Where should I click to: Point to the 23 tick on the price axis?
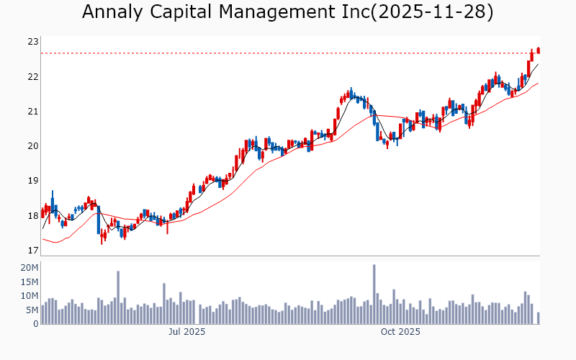pyautogui.click(x=32, y=42)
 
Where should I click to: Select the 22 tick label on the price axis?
pyautogui.click(x=32, y=77)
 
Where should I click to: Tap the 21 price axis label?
pyautogui.click(x=32, y=112)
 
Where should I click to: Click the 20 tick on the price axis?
pyautogui.click(x=32, y=146)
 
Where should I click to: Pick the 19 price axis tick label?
pyautogui.click(x=32, y=181)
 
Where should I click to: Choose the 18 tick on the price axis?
pyautogui.click(x=32, y=216)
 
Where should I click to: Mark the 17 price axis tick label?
pyautogui.click(x=32, y=251)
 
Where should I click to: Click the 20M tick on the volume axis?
pyautogui.click(x=30, y=268)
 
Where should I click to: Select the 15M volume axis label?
pyautogui.click(x=30, y=282)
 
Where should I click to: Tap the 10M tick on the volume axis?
pyautogui.click(x=30, y=296)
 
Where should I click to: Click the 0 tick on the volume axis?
pyautogui.click(x=35, y=324)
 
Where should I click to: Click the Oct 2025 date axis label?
pyautogui.click(x=400, y=332)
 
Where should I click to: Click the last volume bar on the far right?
pyautogui.click(x=538, y=318)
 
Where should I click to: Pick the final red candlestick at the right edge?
pyautogui.click(x=538, y=50)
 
